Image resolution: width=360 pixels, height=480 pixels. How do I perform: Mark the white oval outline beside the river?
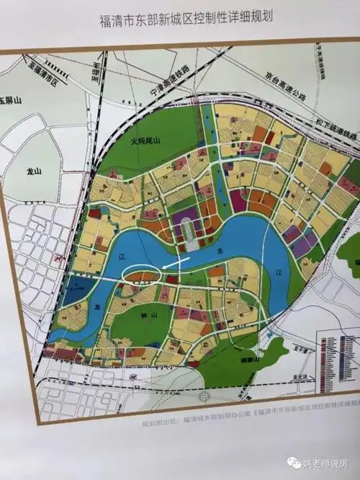click(x=142, y=273)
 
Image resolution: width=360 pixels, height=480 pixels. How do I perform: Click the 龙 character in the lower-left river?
click(x=93, y=306)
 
